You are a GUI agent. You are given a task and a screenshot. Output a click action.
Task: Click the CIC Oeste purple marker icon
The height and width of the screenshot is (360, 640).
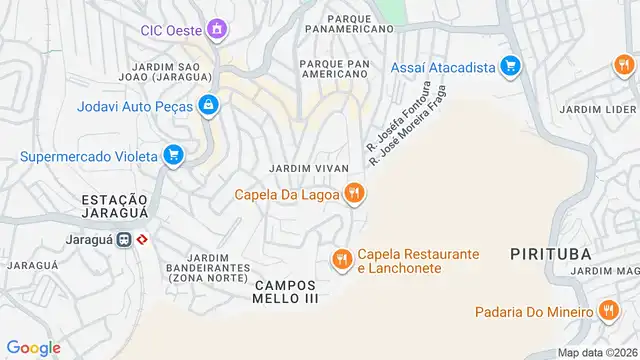pyautogui.click(x=215, y=29)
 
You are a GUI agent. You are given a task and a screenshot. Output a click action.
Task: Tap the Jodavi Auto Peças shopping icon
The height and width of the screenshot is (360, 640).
pyautogui.click(x=207, y=103)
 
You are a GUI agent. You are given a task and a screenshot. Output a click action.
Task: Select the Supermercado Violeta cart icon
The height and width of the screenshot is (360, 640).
pyautogui.click(x=174, y=155)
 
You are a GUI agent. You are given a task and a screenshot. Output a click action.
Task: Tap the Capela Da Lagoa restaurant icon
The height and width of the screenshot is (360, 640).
pyautogui.click(x=352, y=194)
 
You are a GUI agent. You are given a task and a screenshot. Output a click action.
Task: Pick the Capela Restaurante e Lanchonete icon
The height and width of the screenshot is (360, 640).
pyautogui.click(x=341, y=260)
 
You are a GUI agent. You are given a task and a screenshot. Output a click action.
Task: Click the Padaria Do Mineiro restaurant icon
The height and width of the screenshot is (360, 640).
pyautogui.click(x=608, y=311)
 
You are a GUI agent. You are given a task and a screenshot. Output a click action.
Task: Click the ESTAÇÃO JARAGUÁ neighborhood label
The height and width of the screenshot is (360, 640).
pyautogui.click(x=115, y=207)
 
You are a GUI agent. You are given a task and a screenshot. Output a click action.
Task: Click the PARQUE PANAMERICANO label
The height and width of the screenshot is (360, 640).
pyautogui.click(x=346, y=23)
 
